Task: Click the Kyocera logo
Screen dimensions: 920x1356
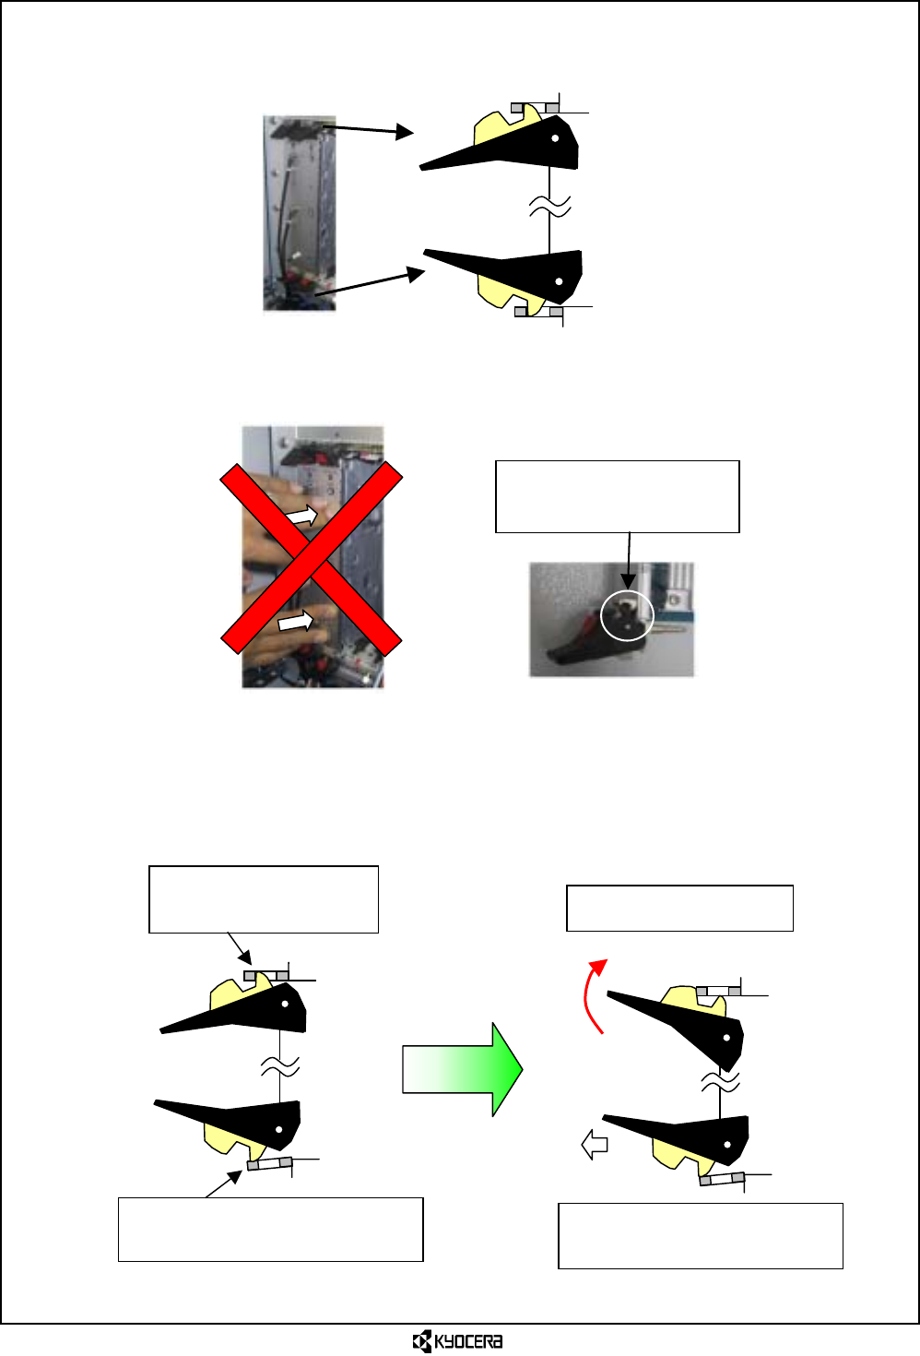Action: point(457,1340)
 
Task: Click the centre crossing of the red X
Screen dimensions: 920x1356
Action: point(312,559)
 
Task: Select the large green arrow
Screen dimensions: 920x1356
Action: point(463,1069)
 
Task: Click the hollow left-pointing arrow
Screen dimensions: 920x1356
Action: point(595,1146)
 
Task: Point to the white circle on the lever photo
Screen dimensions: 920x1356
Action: point(626,616)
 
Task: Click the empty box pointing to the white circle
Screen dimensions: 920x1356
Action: point(617,496)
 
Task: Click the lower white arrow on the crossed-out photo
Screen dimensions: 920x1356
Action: point(296,623)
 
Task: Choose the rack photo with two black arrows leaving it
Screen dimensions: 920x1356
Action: point(299,212)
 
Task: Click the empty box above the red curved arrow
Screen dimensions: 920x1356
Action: point(679,908)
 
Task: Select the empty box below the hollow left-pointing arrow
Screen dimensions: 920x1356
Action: point(700,1235)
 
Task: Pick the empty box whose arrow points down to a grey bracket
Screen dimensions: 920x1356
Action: point(263,898)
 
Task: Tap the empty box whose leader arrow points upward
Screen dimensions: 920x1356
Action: point(270,1229)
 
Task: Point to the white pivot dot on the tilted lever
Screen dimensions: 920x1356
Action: point(727,1038)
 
